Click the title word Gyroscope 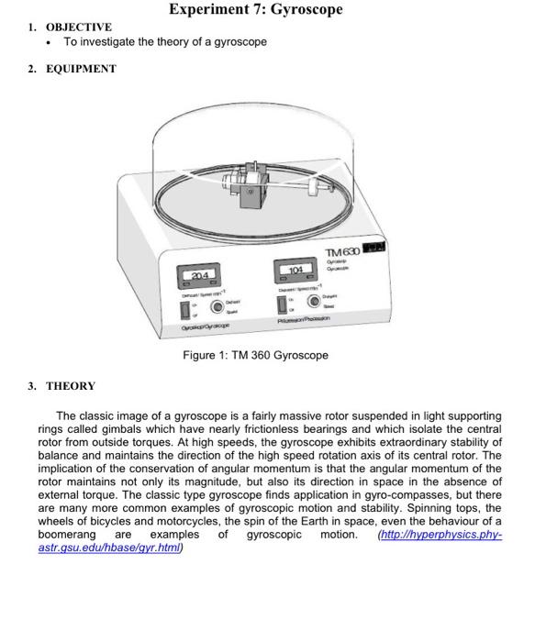point(299,9)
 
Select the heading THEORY point(71,386)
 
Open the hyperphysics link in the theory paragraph point(440,534)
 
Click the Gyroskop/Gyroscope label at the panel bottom point(207,327)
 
